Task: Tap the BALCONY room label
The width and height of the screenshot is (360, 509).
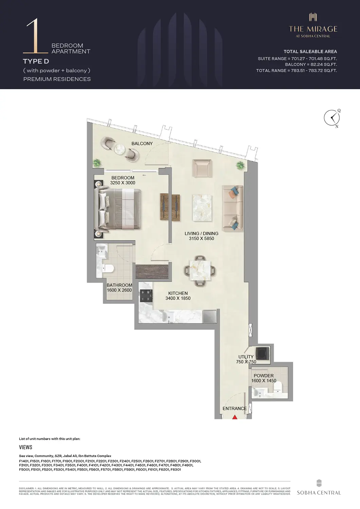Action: click(x=142, y=144)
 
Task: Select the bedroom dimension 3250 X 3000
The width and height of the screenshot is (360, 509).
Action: click(x=123, y=183)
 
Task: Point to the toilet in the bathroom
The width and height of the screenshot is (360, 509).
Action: click(x=108, y=268)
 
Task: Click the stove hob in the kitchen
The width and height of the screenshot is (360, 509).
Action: click(x=147, y=296)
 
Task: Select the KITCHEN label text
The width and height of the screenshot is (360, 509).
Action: click(x=178, y=293)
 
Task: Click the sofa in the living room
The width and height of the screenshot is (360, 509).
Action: click(x=233, y=208)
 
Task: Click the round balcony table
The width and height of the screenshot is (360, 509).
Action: click(x=120, y=149)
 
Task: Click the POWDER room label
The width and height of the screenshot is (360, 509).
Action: click(x=264, y=376)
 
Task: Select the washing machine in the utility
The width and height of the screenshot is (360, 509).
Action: click(x=263, y=353)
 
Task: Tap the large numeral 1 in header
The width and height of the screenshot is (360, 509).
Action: click(x=34, y=36)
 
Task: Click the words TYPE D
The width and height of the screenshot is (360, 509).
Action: click(x=36, y=61)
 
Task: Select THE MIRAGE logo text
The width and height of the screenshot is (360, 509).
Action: click(x=313, y=29)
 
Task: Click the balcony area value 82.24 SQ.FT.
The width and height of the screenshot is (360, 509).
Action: click(x=311, y=64)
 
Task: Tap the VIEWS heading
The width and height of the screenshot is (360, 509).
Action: click(x=25, y=447)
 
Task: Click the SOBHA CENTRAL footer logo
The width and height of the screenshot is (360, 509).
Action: click(x=319, y=489)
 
